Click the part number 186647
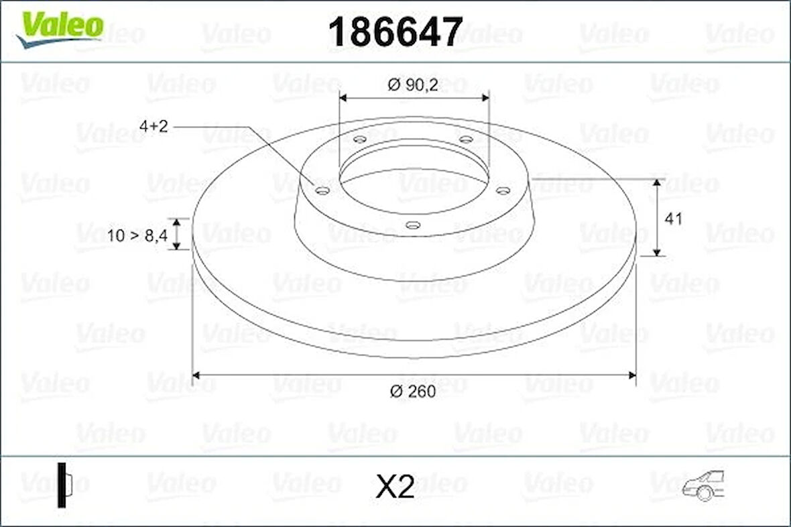point(395,32)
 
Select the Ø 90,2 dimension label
point(414,84)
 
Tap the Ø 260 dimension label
point(414,392)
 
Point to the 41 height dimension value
point(674,219)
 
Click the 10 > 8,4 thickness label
point(137,235)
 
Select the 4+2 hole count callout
point(154,126)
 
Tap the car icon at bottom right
point(704,485)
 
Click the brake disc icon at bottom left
point(64,484)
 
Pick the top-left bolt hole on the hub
point(360,139)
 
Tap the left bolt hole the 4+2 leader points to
point(322,191)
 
